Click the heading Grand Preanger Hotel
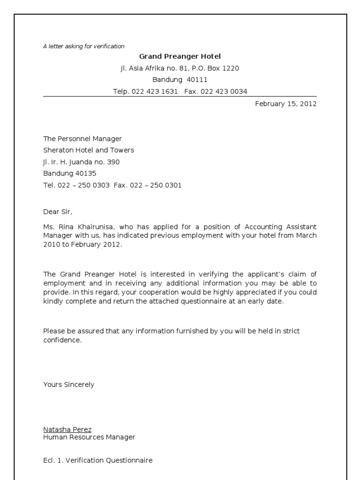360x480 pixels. (x=180, y=57)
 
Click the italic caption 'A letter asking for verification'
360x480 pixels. (x=84, y=46)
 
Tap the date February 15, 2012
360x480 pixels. (x=285, y=104)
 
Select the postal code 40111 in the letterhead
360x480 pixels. (x=197, y=80)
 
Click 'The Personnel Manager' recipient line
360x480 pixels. (x=82, y=139)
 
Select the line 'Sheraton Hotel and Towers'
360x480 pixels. (x=89, y=150)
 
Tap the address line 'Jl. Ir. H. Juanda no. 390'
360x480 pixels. (x=82, y=162)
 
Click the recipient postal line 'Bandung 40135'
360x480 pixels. (x=70, y=173)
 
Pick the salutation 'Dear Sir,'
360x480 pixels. (x=59, y=212)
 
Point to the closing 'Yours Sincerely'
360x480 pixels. (x=69, y=384)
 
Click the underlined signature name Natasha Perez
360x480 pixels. (x=67, y=429)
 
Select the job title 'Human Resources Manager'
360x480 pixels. (x=89, y=437)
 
